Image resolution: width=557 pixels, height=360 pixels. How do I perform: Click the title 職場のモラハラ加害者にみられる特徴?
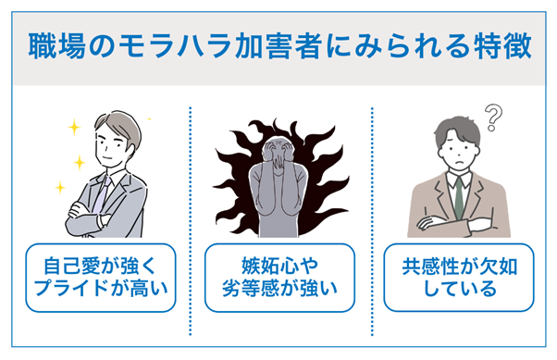pos(278,44)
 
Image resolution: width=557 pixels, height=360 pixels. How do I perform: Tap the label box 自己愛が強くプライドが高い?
pos(100,278)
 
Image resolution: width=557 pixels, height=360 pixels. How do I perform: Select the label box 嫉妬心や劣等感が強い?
pos(279,278)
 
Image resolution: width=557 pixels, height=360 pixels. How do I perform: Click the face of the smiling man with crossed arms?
pos(109,146)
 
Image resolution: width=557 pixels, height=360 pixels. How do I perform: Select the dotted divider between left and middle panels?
pos(190,222)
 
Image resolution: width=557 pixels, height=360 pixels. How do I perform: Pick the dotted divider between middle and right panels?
pos(371,222)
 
